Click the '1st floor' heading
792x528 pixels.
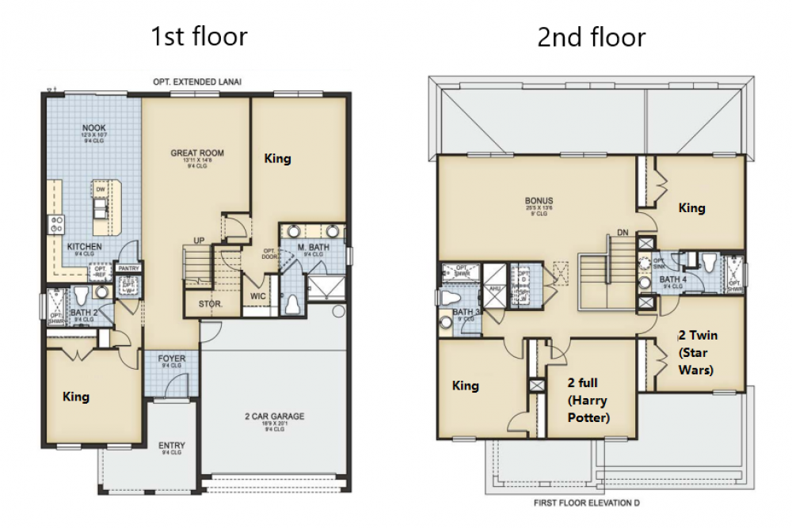click(199, 36)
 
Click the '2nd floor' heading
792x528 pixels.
click(592, 36)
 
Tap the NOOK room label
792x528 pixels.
click(93, 127)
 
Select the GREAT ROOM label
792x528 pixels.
click(197, 153)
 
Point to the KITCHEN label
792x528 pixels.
click(84, 247)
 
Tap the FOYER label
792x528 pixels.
click(172, 359)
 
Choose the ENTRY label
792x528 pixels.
click(172, 445)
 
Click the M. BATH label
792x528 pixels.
click(313, 248)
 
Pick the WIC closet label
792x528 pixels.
click(258, 295)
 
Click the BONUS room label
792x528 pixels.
click(539, 200)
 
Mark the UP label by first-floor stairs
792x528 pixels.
click(200, 240)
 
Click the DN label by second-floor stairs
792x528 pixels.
click(623, 233)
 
